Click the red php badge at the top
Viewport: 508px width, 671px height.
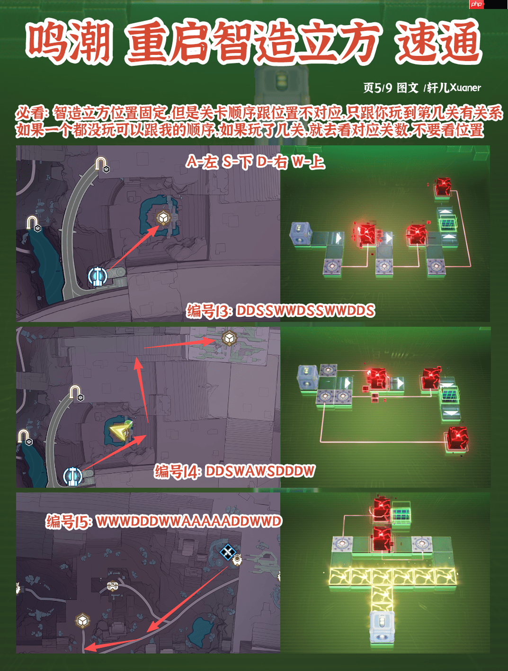[x=477, y=4]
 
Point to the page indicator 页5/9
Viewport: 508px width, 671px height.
[x=377, y=88]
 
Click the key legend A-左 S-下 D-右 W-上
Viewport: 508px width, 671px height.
[x=256, y=162]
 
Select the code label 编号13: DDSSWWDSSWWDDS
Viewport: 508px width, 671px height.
[x=281, y=311]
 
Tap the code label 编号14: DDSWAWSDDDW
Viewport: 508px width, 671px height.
[x=234, y=471]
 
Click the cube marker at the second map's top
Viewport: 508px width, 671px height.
[x=229, y=339]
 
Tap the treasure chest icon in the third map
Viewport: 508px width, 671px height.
[x=112, y=586]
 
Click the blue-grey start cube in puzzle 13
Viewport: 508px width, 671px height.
[x=301, y=234]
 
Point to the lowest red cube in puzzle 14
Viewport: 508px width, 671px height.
[x=457, y=438]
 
